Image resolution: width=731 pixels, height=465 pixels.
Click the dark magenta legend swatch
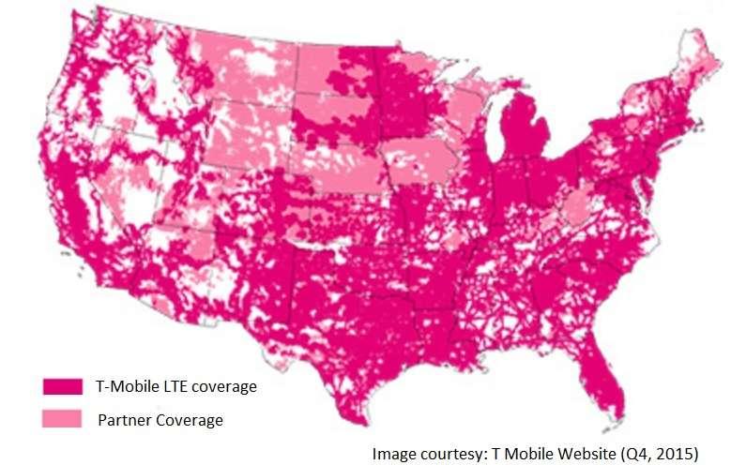click(61, 385)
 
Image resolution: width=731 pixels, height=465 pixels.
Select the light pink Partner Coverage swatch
click(61, 419)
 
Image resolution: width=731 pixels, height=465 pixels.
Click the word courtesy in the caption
click(448, 454)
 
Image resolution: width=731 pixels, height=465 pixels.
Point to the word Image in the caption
click(393, 454)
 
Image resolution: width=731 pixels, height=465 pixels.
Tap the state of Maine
click(697, 70)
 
